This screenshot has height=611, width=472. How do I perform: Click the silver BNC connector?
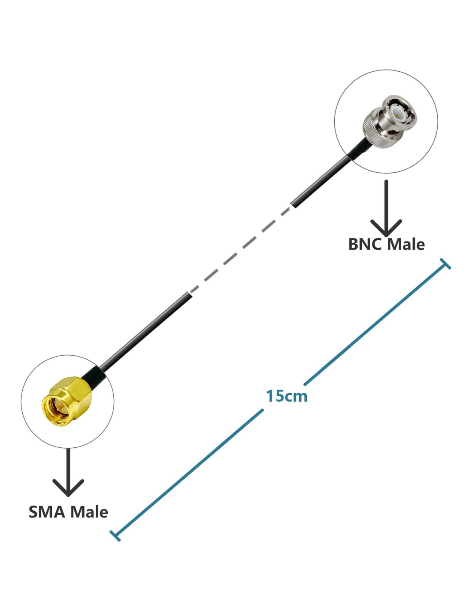pyautogui.click(x=388, y=122)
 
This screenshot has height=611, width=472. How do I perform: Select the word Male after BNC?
pyautogui.click(x=406, y=244)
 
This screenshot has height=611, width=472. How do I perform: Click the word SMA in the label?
pyautogui.click(x=47, y=512)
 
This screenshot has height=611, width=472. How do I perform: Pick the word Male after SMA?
pyautogui.click(x=89, y=512)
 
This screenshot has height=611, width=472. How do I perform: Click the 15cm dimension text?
pyautogui.click(x=287, y=396)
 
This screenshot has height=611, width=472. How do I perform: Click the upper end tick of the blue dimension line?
pyautogui.click(x=445, y=264)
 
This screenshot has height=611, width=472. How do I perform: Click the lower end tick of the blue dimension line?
pyautogui.click(x=115, y=535)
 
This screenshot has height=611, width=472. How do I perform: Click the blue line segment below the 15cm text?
pyautogui.click(x=189, y=473)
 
